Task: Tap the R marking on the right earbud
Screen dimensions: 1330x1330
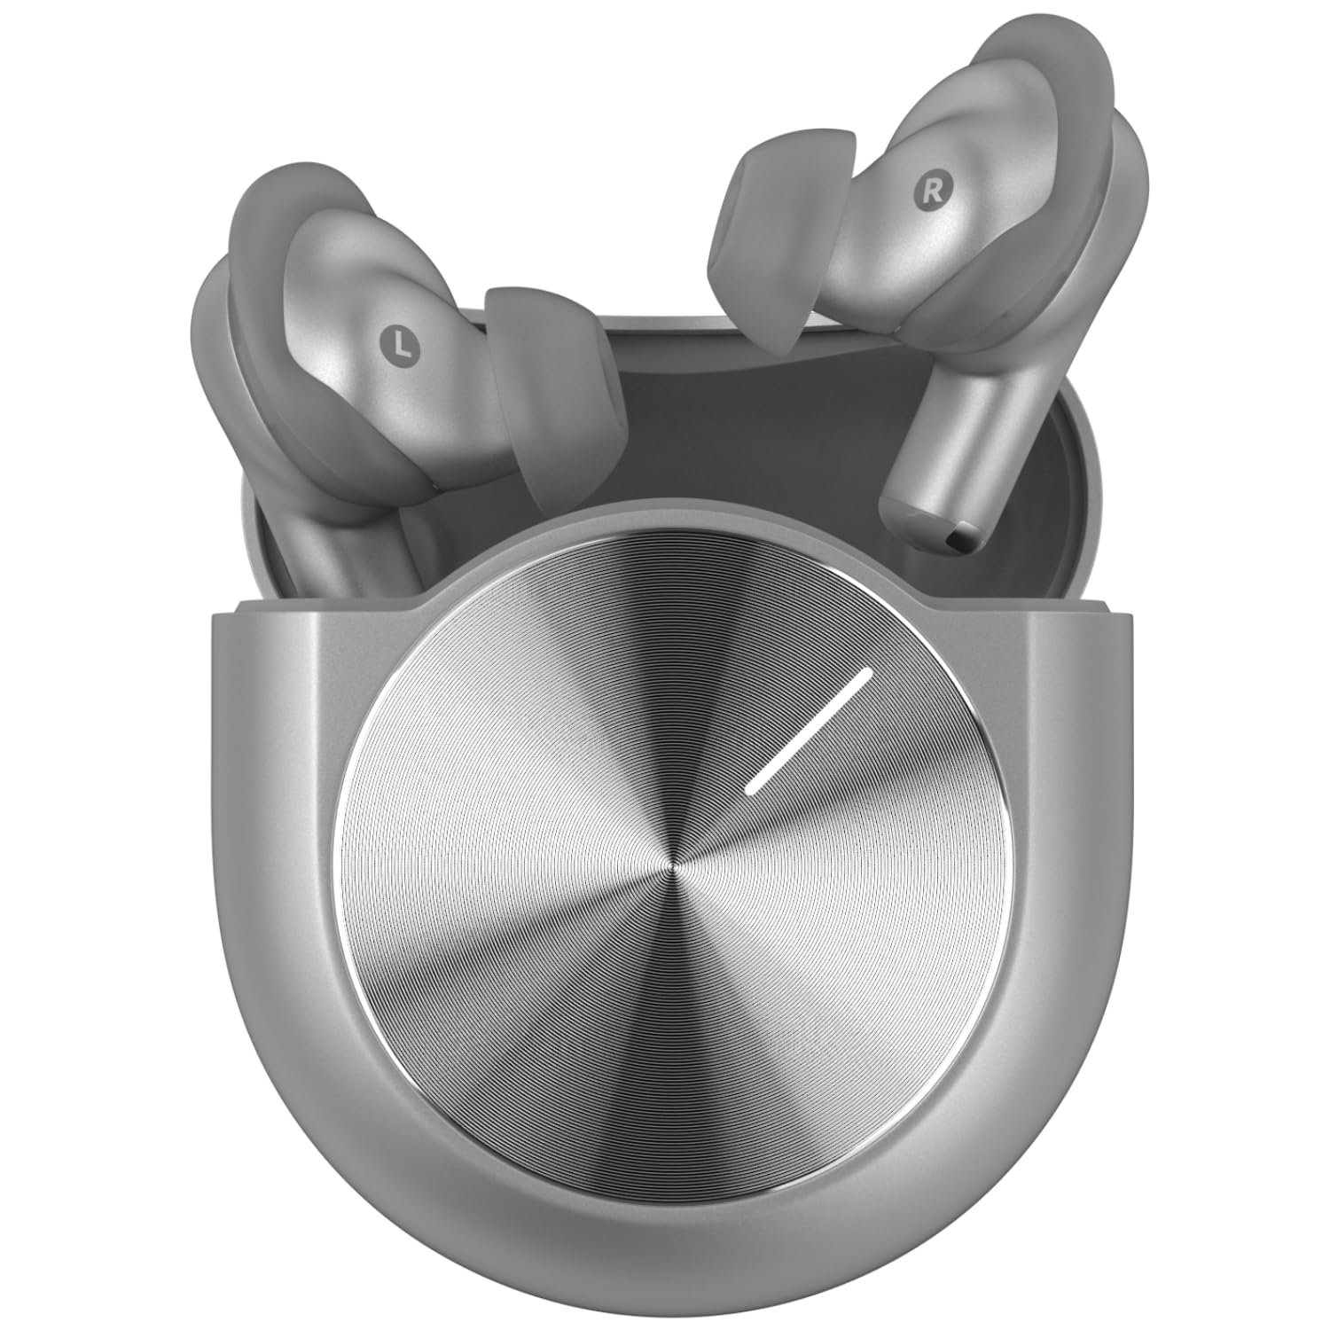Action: coord(931,190)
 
